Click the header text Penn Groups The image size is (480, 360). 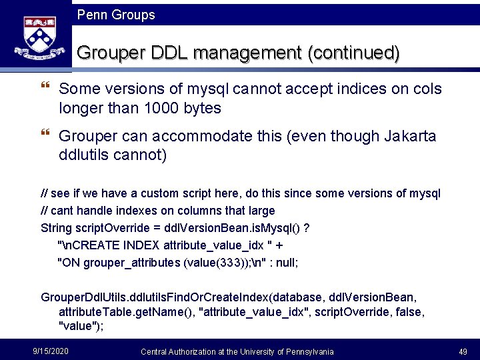[116, 15]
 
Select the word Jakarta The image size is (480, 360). [410, 137]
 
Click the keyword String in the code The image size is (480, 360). [57, 228]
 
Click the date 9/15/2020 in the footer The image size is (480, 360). [51, 351]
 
